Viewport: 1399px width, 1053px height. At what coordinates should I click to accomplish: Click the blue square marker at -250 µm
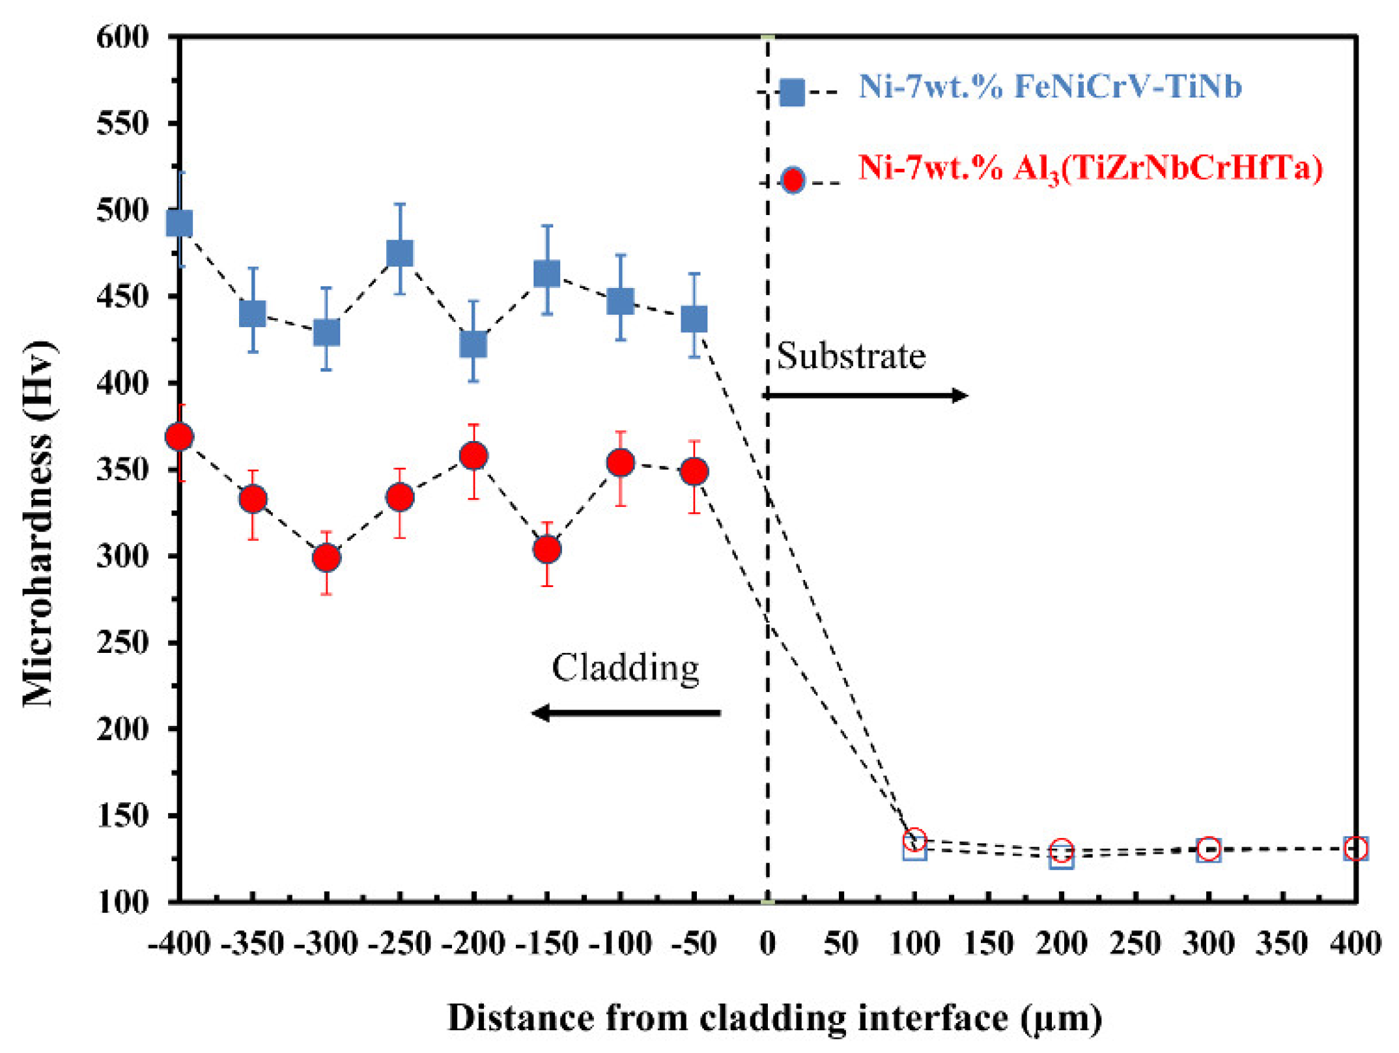400,253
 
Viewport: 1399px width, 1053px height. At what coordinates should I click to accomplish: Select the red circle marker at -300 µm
326,558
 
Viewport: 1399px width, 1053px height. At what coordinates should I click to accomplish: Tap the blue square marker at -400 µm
180,224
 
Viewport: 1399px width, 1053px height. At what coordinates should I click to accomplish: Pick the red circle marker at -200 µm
473,455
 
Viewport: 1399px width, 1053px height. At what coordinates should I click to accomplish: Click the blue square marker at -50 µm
694,319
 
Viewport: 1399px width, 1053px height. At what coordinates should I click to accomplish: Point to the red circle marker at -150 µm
547,549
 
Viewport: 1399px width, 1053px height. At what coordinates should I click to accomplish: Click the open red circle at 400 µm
1355,848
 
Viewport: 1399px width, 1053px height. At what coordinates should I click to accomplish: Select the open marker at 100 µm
914,843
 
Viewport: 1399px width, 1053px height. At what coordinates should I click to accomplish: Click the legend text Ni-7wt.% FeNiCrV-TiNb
1050,87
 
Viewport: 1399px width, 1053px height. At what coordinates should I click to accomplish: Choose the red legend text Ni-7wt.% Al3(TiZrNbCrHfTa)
1090,169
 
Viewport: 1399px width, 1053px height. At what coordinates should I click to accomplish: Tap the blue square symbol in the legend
792,93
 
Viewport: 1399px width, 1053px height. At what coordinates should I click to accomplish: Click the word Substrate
851,356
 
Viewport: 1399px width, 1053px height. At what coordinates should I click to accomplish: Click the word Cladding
625,667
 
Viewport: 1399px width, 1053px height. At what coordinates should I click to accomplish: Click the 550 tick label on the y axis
122,123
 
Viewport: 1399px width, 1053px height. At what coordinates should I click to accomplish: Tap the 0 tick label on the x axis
767,943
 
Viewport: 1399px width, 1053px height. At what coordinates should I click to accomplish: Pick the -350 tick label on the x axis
253,943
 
